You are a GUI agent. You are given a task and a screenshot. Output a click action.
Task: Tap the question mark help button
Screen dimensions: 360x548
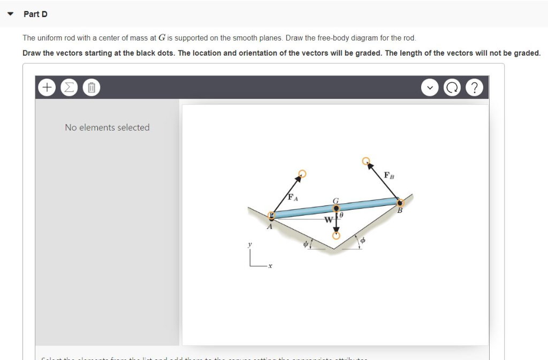475,87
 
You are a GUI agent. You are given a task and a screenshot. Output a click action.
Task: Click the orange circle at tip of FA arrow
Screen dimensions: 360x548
302,173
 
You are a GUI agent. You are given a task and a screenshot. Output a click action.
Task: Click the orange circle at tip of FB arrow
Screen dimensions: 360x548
367,160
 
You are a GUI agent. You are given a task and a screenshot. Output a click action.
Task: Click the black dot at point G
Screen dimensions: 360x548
336,209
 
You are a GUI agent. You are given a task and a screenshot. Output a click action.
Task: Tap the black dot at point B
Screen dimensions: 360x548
400,202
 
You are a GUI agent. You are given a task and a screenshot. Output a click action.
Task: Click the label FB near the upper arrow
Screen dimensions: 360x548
389,175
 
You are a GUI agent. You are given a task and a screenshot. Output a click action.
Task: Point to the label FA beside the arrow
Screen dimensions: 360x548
292,197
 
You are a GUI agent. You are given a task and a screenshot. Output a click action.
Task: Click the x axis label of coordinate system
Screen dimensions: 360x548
271,268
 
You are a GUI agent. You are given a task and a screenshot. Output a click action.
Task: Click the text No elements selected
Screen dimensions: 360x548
107,127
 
